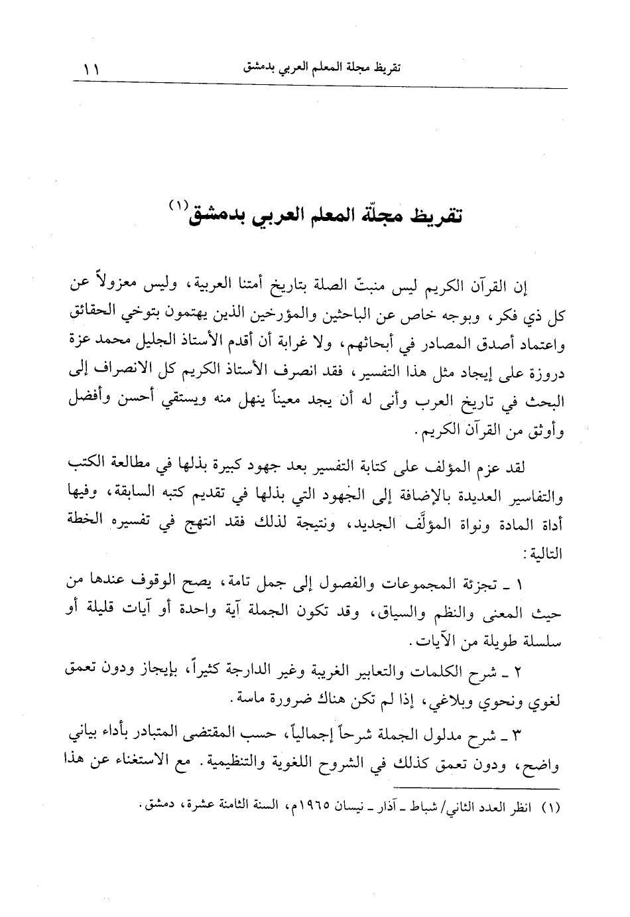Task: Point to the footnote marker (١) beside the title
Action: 179,205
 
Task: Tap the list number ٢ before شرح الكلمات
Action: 519,672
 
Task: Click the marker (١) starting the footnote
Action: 552,809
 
